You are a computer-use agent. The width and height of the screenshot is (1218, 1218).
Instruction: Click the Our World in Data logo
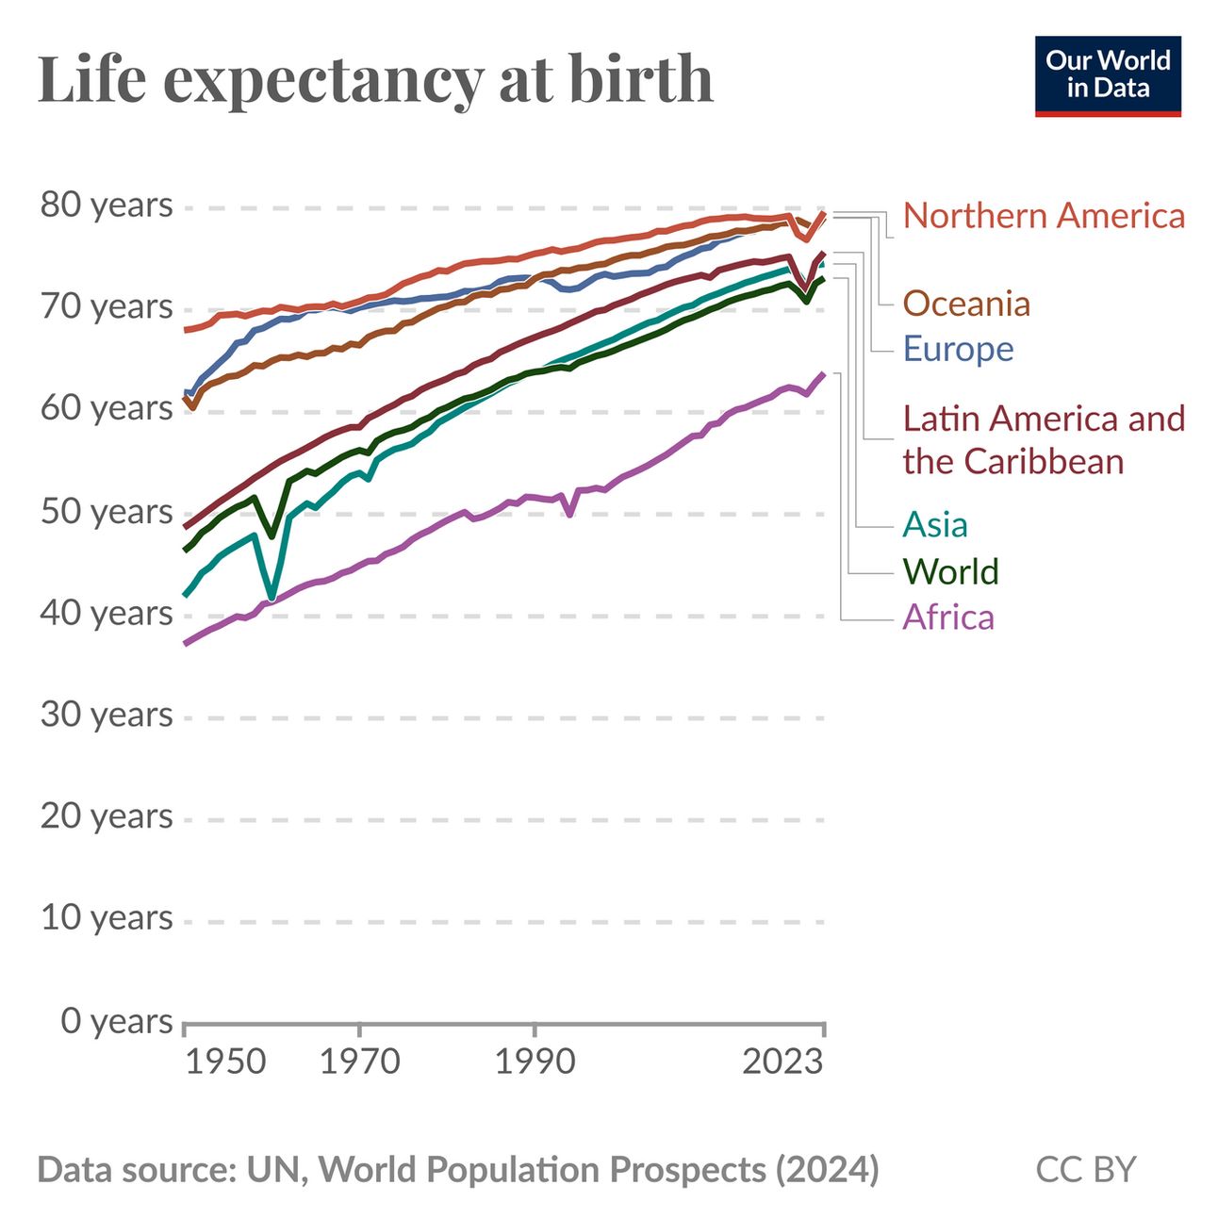click(1107, 75)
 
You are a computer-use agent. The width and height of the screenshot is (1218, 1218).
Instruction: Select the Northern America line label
click(1044, 216)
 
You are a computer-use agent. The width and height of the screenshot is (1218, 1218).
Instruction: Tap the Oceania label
click(966, 304)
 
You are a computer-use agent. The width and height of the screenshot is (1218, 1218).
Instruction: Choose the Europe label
click(958, 349)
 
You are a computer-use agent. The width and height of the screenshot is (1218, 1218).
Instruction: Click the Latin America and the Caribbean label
click(1044, 440)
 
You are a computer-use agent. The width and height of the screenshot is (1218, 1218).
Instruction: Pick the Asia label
click(935, 525)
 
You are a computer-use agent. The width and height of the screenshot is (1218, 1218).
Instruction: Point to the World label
click(950, 571)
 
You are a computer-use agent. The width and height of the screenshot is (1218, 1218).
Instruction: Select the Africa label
click(948, 617)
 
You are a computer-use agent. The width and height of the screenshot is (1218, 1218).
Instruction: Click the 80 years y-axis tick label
click(107, 206)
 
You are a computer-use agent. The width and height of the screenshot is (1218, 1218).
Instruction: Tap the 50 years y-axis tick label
click(107, 512)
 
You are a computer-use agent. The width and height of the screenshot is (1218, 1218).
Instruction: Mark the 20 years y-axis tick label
click(107, 816)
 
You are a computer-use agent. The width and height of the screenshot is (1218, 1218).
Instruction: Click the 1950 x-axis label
click(225, 1062)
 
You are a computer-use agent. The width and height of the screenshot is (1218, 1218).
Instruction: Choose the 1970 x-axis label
click(360, 1062)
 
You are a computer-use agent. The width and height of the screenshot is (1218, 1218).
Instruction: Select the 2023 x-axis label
click(782, 1062)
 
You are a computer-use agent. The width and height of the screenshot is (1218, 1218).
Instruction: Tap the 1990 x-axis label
click(535, 1062)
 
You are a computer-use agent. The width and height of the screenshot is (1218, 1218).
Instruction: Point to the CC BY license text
click(1086, 1170)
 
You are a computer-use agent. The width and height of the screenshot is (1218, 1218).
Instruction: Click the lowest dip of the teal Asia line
click(272, 597)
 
